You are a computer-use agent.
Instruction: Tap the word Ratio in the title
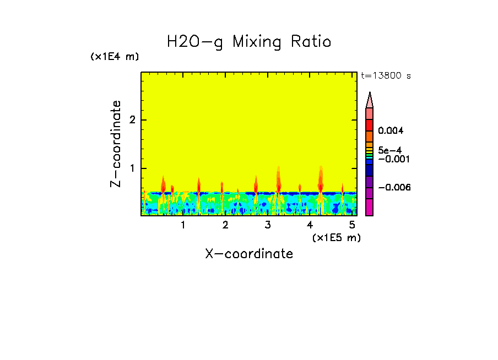tap(311, 42)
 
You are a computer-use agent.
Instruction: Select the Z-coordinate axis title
tap(116, 144)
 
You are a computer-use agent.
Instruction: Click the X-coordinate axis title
tap(249, 254)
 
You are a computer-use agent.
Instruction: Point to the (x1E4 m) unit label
tap(115, 57)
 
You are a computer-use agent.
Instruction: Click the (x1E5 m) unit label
tap(336, 237)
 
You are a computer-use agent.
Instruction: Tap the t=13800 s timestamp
tap(386, 76)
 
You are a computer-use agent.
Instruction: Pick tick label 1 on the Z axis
tap(131, 168)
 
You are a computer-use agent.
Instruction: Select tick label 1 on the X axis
tap(183, 225)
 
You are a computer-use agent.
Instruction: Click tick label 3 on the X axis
tap(268, 225)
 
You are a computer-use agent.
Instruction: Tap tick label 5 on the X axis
tap(352, 225)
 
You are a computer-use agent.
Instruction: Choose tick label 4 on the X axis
tap(310, 225)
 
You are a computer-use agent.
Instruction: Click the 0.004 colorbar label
tap(391, 131)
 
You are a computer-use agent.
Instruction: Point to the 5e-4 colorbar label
tap(389, 150)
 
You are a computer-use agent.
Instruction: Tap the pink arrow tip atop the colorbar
tap(370, 100)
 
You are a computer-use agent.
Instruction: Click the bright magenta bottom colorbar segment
tap(370, 207)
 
